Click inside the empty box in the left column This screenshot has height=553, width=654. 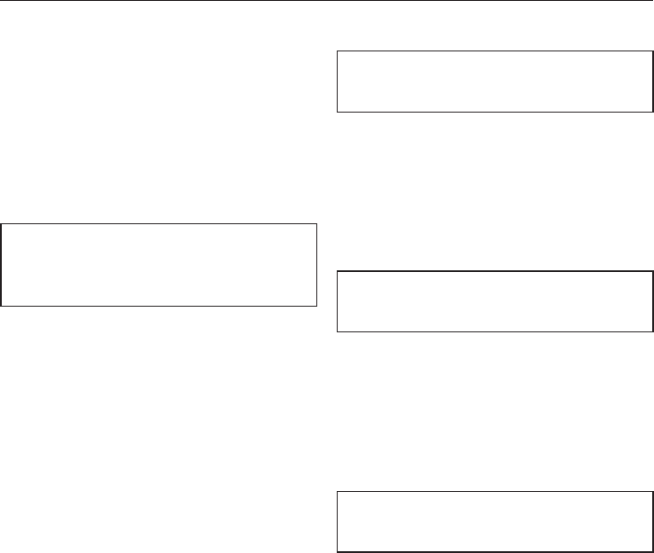[160, 265]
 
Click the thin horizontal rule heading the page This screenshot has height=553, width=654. [327, 2]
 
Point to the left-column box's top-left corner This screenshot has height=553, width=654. [2, 224]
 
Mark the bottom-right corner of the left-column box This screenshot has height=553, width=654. [316, 306]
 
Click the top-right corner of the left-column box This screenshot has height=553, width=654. [316, 224]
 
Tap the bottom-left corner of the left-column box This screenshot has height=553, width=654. [2, 306]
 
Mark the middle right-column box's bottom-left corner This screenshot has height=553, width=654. [338, 331]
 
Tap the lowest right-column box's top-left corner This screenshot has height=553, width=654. [338, 492]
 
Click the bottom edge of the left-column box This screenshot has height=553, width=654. [160, 306]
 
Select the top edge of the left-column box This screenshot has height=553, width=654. [160, 224]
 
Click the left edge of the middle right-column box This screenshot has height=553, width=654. [338, 301]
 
